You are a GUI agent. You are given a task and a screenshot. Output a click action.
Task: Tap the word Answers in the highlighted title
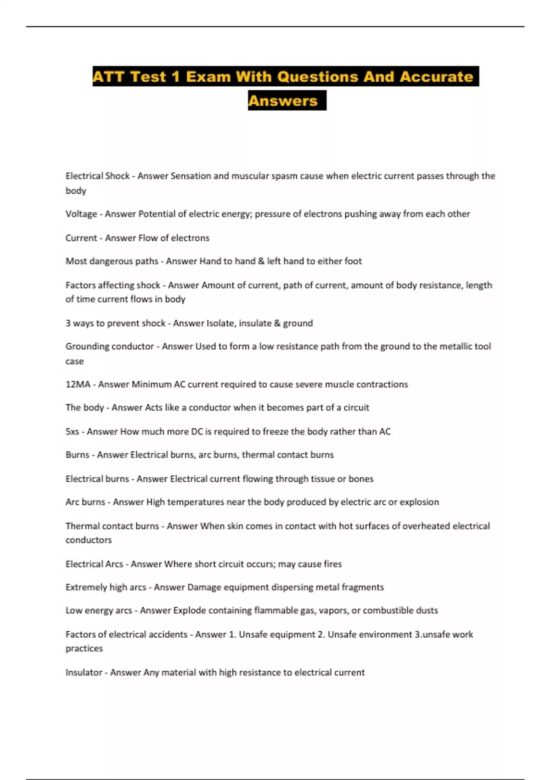(x=283, y=101)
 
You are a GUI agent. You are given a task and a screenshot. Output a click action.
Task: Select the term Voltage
(x=81, y=214)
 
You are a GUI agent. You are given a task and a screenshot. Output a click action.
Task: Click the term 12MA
(x=78, y=384)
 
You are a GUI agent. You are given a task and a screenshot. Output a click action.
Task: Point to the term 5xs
(x=72, y=432)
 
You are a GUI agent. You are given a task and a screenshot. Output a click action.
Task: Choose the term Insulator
(x=84, y=673)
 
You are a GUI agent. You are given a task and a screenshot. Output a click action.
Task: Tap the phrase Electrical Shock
(x=97, y=176)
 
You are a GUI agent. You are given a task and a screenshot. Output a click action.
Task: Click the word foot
(x=353, y=262)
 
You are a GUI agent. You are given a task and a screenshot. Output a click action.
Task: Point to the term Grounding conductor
(x=109, y=347)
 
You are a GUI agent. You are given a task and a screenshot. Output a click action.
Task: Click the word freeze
(x=275, y=432)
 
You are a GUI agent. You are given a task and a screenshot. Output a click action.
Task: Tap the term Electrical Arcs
(x=94, y=564)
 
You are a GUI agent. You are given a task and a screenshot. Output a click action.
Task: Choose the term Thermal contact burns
(x=112, y=526)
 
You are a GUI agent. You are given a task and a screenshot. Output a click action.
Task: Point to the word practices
(x=84, y=649)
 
